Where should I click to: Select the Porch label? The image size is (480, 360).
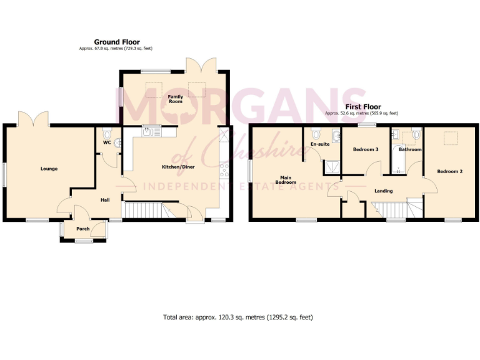click(x=82, y=229)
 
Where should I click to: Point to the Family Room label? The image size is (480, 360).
click(x=175, y=98)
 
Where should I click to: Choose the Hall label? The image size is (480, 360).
click(x=106, y=200)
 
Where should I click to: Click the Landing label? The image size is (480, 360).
click(x=382, y=191)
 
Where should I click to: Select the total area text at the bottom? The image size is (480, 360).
click(x=237, y=317)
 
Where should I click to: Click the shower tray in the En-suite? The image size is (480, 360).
click(x=331, y=166)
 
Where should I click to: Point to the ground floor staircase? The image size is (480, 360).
click(x=145, y=211)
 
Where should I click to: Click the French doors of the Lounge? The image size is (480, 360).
click(x=32, y=119)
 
